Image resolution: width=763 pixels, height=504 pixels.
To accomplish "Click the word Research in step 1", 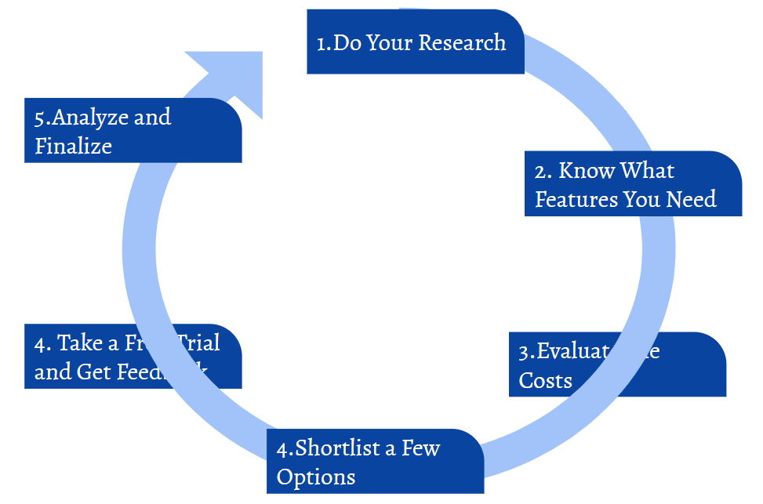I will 462,42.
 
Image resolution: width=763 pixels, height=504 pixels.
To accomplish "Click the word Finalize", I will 73,146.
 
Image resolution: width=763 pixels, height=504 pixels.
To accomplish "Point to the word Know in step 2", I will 587,171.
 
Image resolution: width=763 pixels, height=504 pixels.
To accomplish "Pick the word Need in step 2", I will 692,199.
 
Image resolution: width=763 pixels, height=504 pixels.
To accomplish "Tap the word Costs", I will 545,381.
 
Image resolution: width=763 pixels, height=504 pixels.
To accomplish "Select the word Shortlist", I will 338,448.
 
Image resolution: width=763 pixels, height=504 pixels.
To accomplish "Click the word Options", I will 316,477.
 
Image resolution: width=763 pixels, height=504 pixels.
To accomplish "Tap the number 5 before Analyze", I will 39,118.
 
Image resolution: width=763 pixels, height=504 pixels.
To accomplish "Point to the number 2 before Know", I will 540,172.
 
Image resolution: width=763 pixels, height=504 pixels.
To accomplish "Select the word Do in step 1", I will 347,42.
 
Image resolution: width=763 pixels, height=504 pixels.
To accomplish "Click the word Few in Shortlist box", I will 420,448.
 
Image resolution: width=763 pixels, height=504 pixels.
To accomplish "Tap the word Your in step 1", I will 389,42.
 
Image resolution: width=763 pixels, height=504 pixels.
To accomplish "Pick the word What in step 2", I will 647,171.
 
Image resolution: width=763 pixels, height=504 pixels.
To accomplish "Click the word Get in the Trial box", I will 93,371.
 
